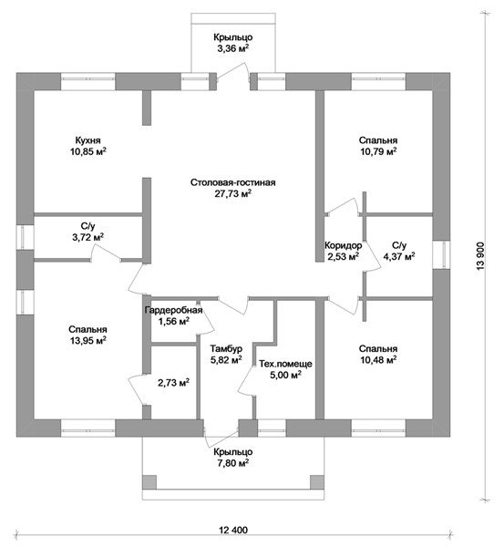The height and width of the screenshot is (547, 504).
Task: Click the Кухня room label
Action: (x=87, y=140)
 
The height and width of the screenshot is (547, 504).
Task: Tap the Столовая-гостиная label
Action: (x=233, y=182)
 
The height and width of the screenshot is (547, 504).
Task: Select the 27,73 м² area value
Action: (x=233, y=193)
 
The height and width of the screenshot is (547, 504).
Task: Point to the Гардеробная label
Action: (x=173, y=310)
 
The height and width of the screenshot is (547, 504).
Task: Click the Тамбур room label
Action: (x=226, y=348)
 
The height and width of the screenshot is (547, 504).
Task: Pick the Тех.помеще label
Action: (x=285, y=364)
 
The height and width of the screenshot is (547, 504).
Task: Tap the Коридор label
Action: (x=344, y=245)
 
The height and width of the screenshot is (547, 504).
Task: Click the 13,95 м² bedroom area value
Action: (x=88, y=340)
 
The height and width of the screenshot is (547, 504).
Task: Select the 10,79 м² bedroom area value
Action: (x=378, y=151)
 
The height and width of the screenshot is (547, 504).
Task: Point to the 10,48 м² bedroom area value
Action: (x=378, y=360)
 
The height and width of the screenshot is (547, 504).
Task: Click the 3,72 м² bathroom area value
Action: (x=87, y=238)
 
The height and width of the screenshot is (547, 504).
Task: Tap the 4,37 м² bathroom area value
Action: (x=399, y=256)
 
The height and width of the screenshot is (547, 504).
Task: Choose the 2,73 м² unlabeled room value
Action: (x=174, y=383)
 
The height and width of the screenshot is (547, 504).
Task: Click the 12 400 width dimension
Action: (x=233, y=530)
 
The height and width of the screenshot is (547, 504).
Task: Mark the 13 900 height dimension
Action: (x=480, y=255)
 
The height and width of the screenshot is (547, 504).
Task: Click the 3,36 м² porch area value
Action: (x=233, y=48)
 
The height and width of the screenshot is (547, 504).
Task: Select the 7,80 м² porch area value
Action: (x=233, y=463)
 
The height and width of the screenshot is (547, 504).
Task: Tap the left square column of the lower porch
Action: (x=149, y=482)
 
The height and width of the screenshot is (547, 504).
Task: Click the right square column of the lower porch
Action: (x=317, y=482)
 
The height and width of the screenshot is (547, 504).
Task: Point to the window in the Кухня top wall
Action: (x=87, y=81)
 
